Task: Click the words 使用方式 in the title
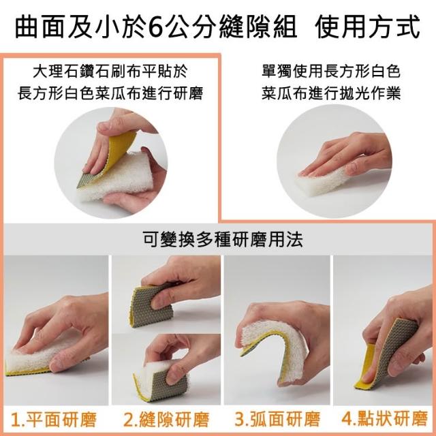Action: click(367, 27)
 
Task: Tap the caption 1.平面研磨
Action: click(54, 419)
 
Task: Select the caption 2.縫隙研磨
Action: click(166, 419)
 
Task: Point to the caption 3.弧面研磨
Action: click(277, 419)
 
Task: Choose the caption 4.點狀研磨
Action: click(384, 418)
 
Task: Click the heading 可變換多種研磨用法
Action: click(223, 239)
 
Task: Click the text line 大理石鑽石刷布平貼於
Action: click(110, 71)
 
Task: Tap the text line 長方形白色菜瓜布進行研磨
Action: click(110, 93)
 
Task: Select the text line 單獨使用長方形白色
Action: click(331, 71)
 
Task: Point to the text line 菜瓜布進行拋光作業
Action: click(331, 93)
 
